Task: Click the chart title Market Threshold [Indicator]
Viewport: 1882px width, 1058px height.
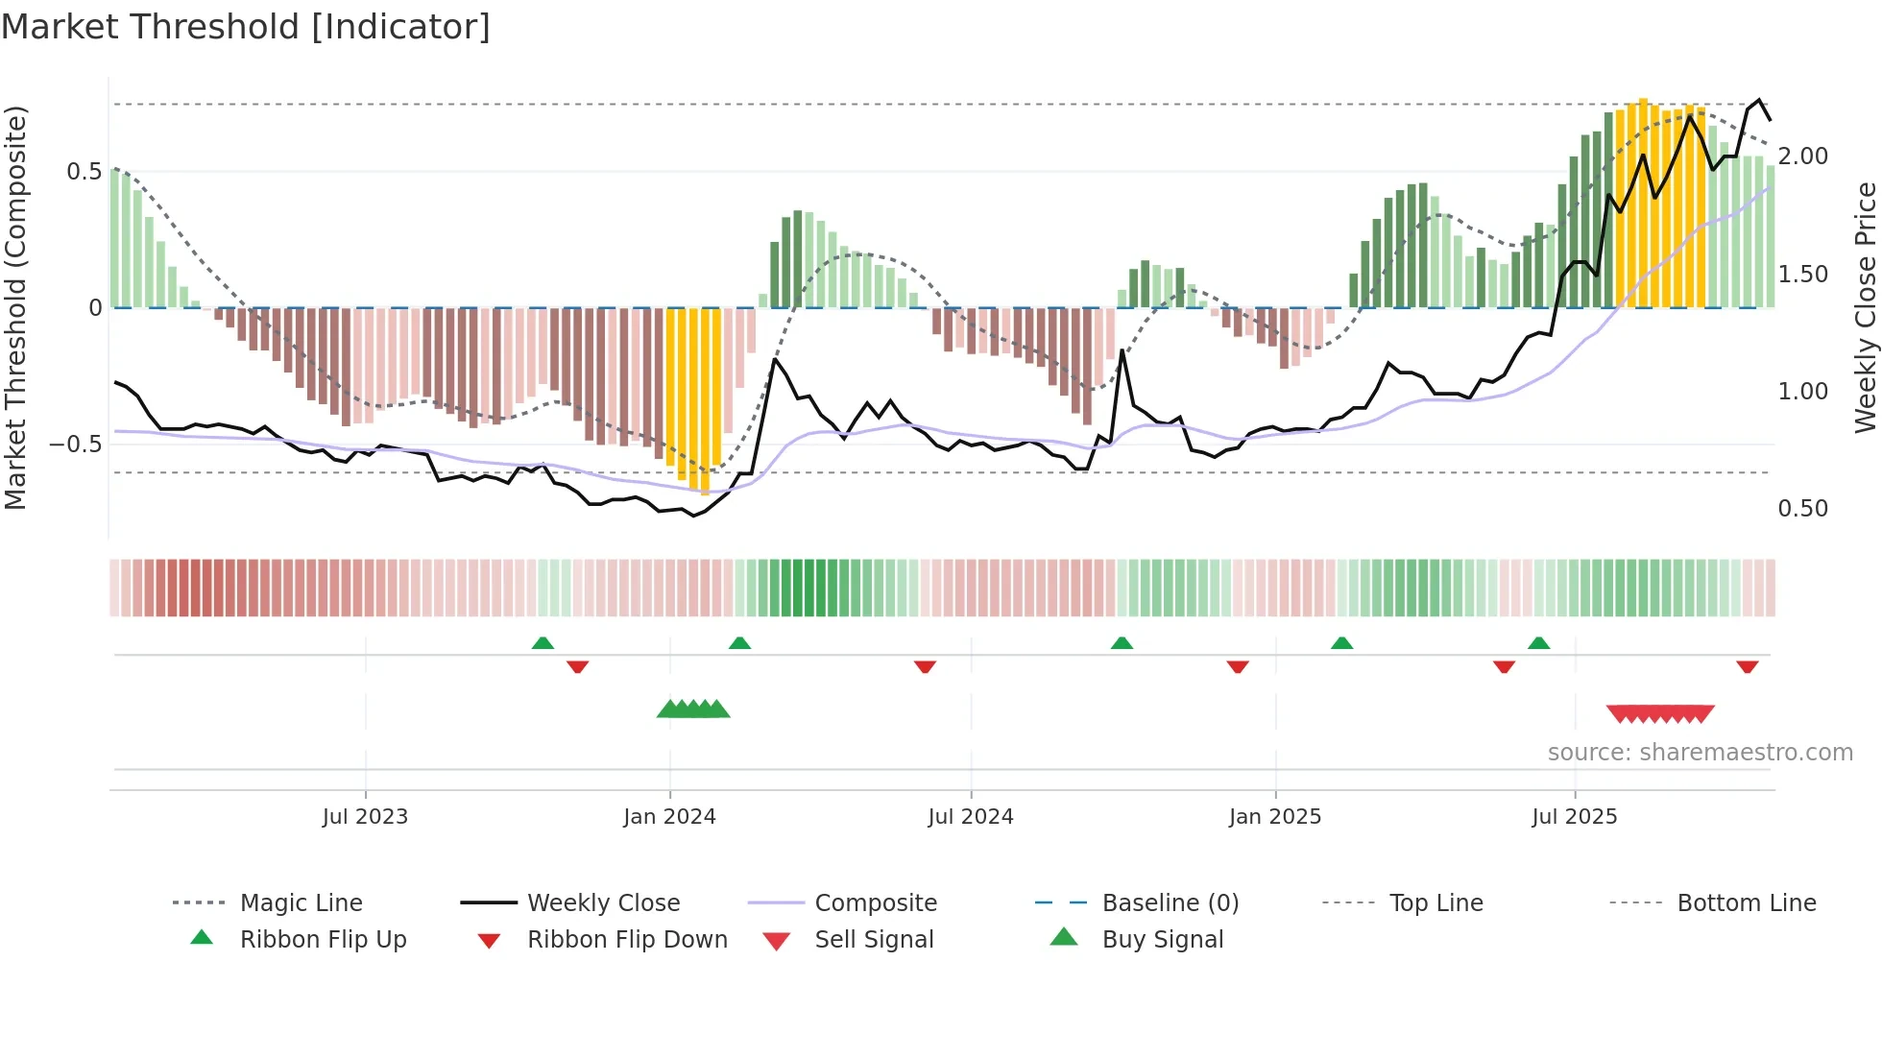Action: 246,27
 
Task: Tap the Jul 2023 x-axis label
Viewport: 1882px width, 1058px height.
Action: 365,817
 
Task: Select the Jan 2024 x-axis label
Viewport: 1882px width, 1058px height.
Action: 669,817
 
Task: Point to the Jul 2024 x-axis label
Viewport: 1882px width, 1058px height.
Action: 970,817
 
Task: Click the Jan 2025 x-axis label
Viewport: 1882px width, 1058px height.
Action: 1274,817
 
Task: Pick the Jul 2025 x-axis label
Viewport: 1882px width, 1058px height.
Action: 1574,817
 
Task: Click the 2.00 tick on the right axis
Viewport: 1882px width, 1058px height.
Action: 1802,156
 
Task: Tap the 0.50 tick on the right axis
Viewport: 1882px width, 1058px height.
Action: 1802,509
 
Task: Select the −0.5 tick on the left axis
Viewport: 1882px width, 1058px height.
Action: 75,445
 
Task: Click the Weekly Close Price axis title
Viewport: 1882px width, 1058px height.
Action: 1865,307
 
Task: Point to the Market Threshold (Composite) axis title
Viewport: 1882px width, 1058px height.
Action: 15,307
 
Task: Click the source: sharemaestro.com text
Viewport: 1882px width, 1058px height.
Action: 1700,753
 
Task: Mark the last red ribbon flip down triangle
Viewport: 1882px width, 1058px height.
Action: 1747,666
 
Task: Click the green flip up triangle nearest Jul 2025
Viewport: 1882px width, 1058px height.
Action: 1538,643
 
